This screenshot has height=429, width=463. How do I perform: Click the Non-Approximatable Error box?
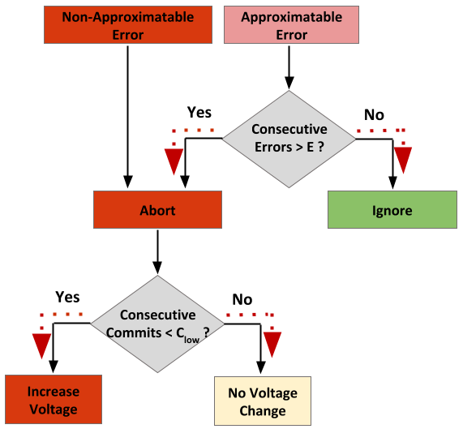[x=128, y=25]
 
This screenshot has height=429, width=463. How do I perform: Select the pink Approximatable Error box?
[x=291, y=25]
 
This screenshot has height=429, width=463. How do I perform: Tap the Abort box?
[x=157, y=209]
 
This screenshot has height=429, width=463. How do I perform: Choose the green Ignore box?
[x=392, y=209]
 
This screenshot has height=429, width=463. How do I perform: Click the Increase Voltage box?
[x=54, y=400]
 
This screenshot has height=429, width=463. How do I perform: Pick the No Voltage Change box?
[x=263, y=401]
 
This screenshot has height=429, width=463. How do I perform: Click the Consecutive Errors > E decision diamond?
[x=289, y=139]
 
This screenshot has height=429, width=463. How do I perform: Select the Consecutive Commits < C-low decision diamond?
[x=157, y=324]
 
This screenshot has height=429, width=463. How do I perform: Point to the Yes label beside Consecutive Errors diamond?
[x=199, y=113]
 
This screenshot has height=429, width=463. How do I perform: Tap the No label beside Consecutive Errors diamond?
[x=374, y=114]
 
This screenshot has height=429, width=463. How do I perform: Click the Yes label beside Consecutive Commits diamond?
[x=67, y=297]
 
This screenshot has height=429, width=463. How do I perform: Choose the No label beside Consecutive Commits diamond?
[x=242, y=299]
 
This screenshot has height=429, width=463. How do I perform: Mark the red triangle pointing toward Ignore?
[x=403, y=160]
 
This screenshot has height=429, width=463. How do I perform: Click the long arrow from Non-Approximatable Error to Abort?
[x=128, y=117]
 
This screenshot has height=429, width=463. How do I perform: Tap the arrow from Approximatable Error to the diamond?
[x=289, y=67]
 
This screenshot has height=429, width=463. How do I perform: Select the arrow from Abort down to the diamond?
[x=157, y=252]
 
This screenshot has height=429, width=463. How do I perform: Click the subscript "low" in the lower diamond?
[x=191, y=340]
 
